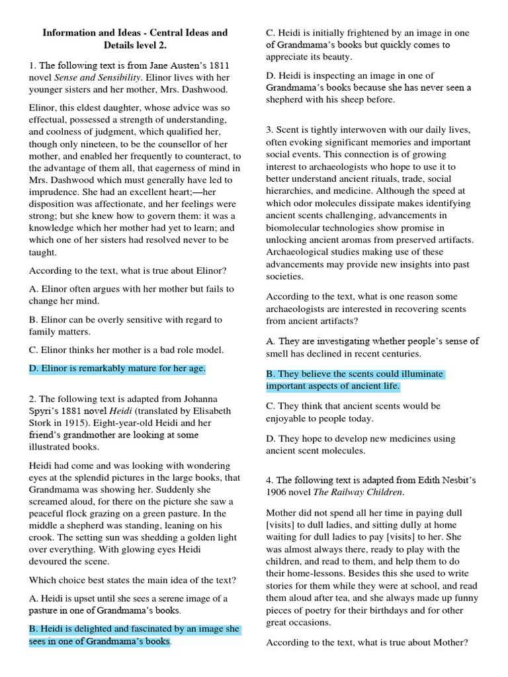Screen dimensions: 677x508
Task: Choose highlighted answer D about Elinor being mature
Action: [117, 368]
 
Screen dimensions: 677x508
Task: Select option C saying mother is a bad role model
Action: [126, 350]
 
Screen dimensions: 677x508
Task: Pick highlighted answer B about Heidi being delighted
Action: [135, 635]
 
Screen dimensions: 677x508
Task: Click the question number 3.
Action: [269, 130]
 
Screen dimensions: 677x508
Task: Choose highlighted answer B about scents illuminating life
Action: [354, 380]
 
